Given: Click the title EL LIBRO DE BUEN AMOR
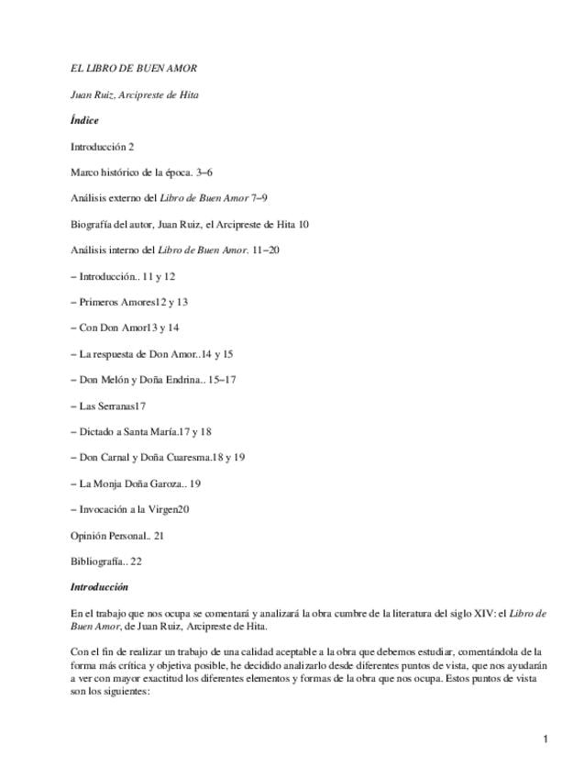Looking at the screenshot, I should pyautogui.click(x=134, y=69).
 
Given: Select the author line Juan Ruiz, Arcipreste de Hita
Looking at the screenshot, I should pyautogui.click(x=135, y=94).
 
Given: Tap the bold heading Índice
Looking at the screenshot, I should pyautogui.click(x=84, y=120).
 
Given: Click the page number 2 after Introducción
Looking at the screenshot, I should pyautogui.click(x=132, y=147).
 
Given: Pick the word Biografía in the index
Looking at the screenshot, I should pyautogui.click(x=93, y=224).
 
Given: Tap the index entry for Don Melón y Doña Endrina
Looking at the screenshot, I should pyautogui.click(x=137, y=380).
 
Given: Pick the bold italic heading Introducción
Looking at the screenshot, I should pyautogui.click(x=99, y=587).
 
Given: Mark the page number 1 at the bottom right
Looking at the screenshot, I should pyautogui.click(x=545, y=739).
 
